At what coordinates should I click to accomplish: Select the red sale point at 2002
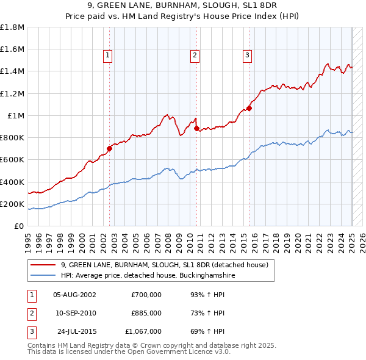110,148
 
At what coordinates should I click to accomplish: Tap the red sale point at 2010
196,128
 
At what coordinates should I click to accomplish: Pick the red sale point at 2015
249,108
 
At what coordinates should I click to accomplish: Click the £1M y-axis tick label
16,116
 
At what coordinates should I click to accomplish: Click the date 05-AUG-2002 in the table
75,295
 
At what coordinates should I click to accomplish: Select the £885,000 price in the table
146,313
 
